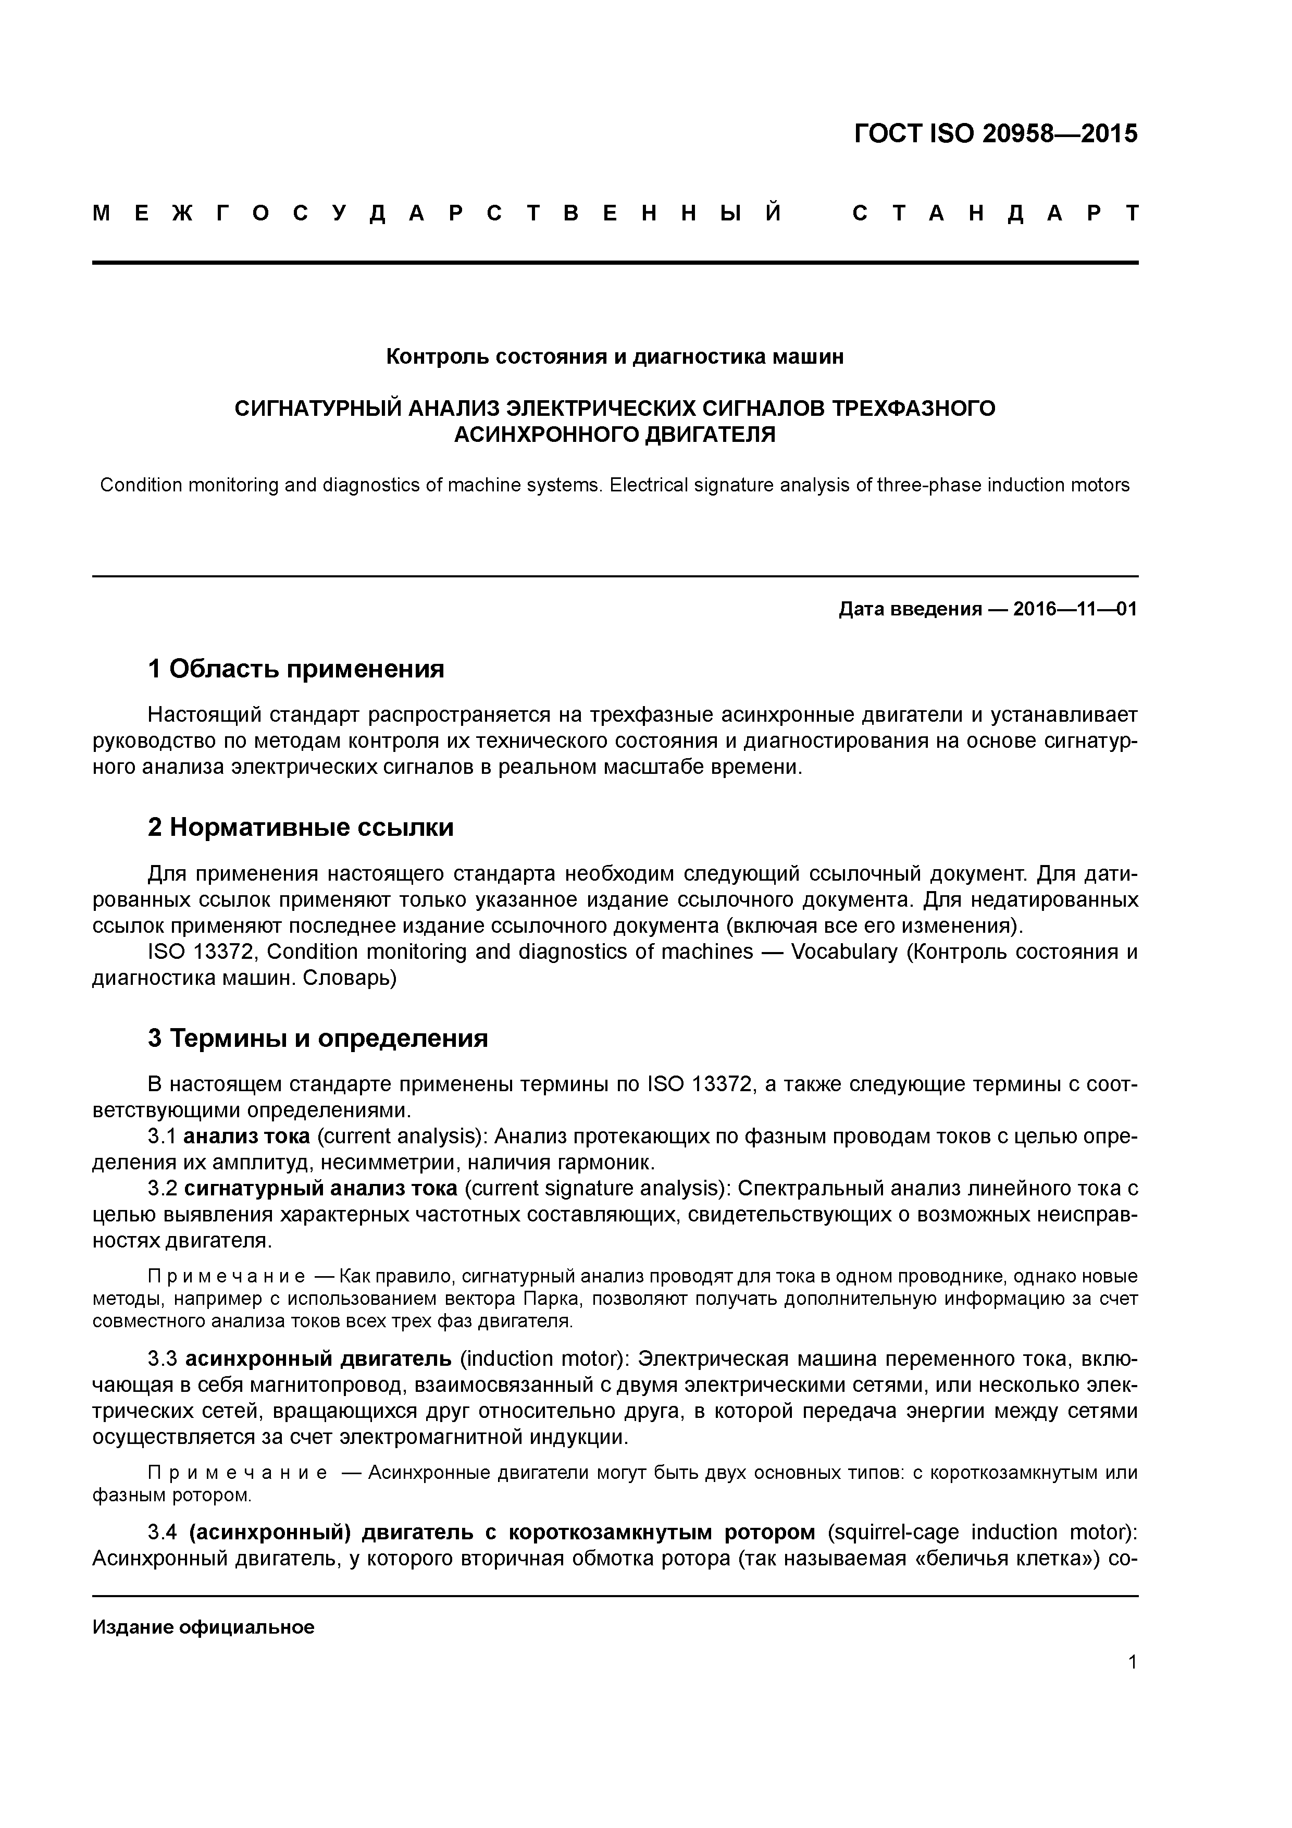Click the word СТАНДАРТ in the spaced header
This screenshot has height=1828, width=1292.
(x=995, y=213)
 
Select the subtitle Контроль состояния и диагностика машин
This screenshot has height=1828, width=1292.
(x=615, y=356)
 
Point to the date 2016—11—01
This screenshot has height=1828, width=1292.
(x=1075, y=609)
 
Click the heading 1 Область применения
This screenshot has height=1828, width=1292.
(x=296, y=669)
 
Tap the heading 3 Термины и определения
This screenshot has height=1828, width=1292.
(x=318, y=1038)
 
